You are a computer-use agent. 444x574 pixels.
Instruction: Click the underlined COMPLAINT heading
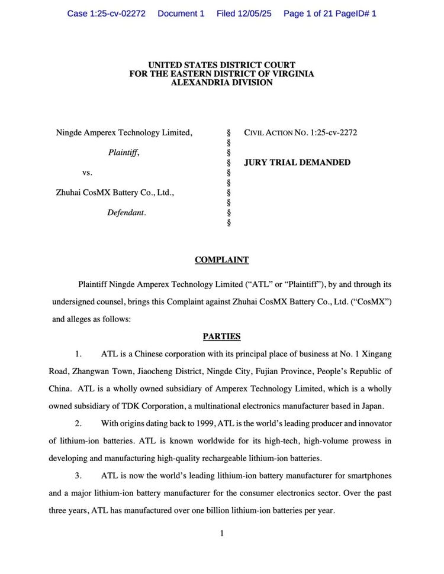(x=221, y=260)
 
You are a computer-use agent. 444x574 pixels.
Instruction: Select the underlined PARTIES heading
(x=221, y=336)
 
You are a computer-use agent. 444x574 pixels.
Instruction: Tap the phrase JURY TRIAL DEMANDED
(x=297, y=163)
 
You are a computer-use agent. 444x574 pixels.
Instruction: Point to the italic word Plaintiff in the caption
(x=123, y=153)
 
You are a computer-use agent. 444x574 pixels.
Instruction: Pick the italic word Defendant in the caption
(x=126, y=213)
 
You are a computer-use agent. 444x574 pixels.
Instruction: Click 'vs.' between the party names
(x=87, y=173)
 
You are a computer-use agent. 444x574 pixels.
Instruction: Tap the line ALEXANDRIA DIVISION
(x=221, y=83)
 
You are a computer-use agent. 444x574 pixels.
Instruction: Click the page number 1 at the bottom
(x=221, y=534)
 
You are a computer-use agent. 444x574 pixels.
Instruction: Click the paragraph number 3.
(x=78, y=476)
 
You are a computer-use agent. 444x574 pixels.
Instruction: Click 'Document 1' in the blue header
(x=181, y=13)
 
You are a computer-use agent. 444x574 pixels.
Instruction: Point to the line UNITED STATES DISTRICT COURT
(x=221, y=65)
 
